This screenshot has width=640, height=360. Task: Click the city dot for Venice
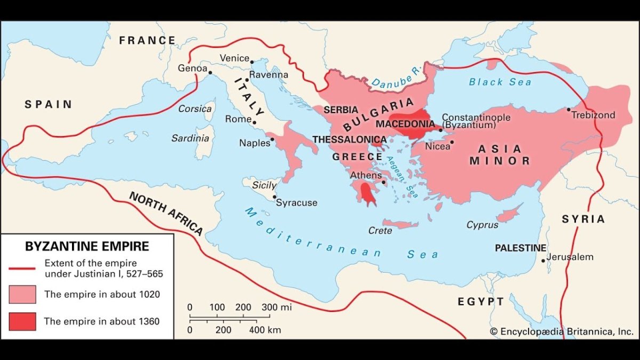click(x=252, y=61)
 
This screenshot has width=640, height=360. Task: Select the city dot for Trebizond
click(x=569, y=109)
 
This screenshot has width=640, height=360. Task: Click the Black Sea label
click(x=500, y=82)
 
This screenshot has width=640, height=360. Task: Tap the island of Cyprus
click(x=509, y=214)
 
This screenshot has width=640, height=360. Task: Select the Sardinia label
click(x=190, y=138)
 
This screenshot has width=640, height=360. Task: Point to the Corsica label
click(x=195, y=108)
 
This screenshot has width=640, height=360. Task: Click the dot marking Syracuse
click(x=275, y=197)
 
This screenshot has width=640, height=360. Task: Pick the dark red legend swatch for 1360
click(x=22, y=321)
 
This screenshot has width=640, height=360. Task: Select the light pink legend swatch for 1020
click(x=22, y=294)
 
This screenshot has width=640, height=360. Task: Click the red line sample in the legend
click(x=22, y=268)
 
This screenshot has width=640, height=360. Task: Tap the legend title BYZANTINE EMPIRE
click(x=87, y=246)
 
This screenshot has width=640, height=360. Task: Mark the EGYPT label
click(x=481, y=302)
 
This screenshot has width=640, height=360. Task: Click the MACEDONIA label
click(x=405, y=123)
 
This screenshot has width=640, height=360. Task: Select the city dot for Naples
click(x=273, y=139)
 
